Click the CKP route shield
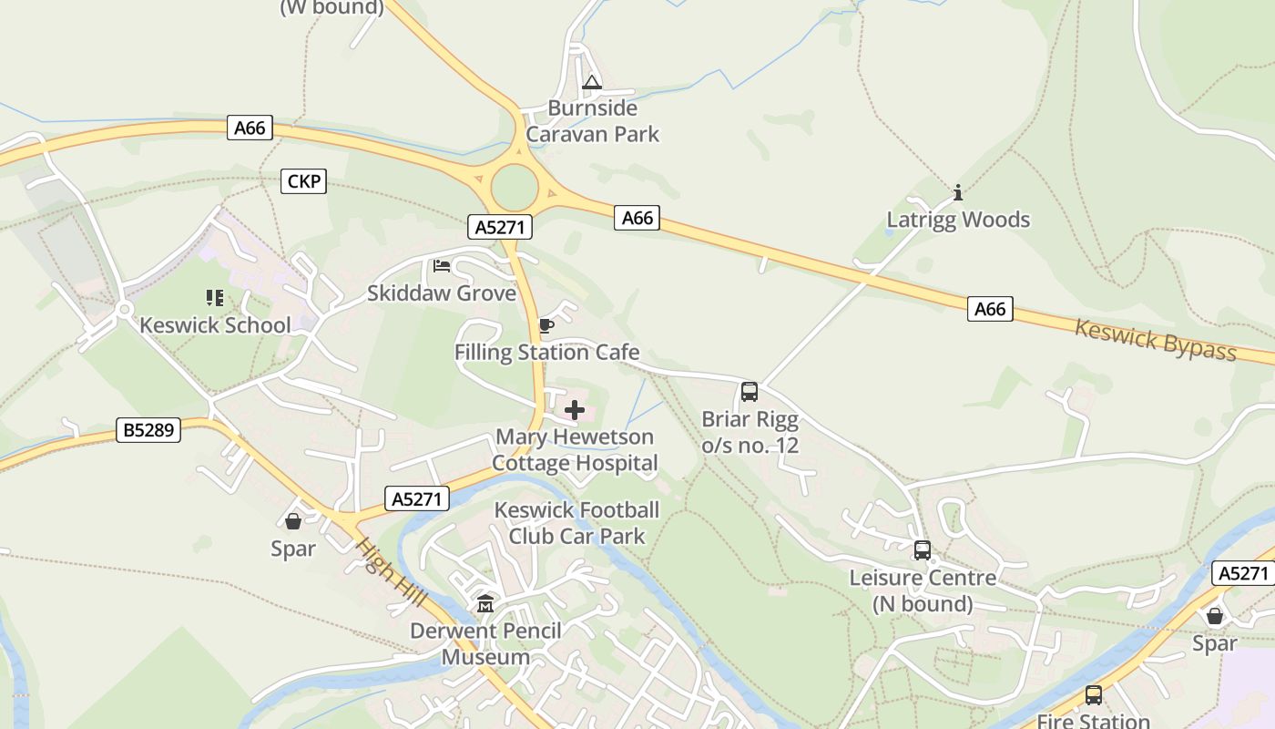303,181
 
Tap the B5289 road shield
148,429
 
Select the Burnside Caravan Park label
593,121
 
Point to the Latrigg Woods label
958,220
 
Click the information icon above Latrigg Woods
958,192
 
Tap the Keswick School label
215,325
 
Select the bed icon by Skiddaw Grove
442,266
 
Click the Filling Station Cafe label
546,353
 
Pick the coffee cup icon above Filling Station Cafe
546,325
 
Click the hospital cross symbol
575,410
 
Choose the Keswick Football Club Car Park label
576,523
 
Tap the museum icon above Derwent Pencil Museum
484,603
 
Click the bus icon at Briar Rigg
750,392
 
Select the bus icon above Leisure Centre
923,550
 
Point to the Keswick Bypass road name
1156,340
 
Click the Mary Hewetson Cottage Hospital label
575,450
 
